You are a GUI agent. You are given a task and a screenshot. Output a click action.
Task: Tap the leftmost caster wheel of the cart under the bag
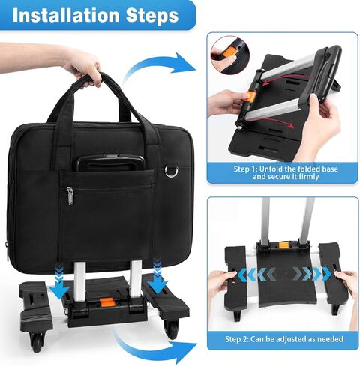pyautogui.click(x=36, y=342)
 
